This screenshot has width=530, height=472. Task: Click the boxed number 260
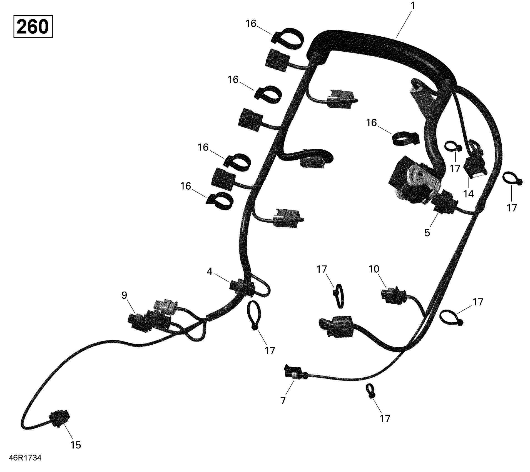(x=33, y=27)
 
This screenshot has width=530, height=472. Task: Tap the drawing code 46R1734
(x=25, y=458)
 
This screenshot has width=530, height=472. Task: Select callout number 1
(x=413, y=6)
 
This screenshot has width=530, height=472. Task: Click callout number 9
(x=124, y=295)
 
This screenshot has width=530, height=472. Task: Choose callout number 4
(x=210, y=271)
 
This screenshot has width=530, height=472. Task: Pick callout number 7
(x=283, y=401)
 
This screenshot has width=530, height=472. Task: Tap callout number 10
(x=374, y=269)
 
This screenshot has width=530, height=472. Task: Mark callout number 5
(x=427, y=233)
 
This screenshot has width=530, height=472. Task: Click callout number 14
(x=468, y=194)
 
